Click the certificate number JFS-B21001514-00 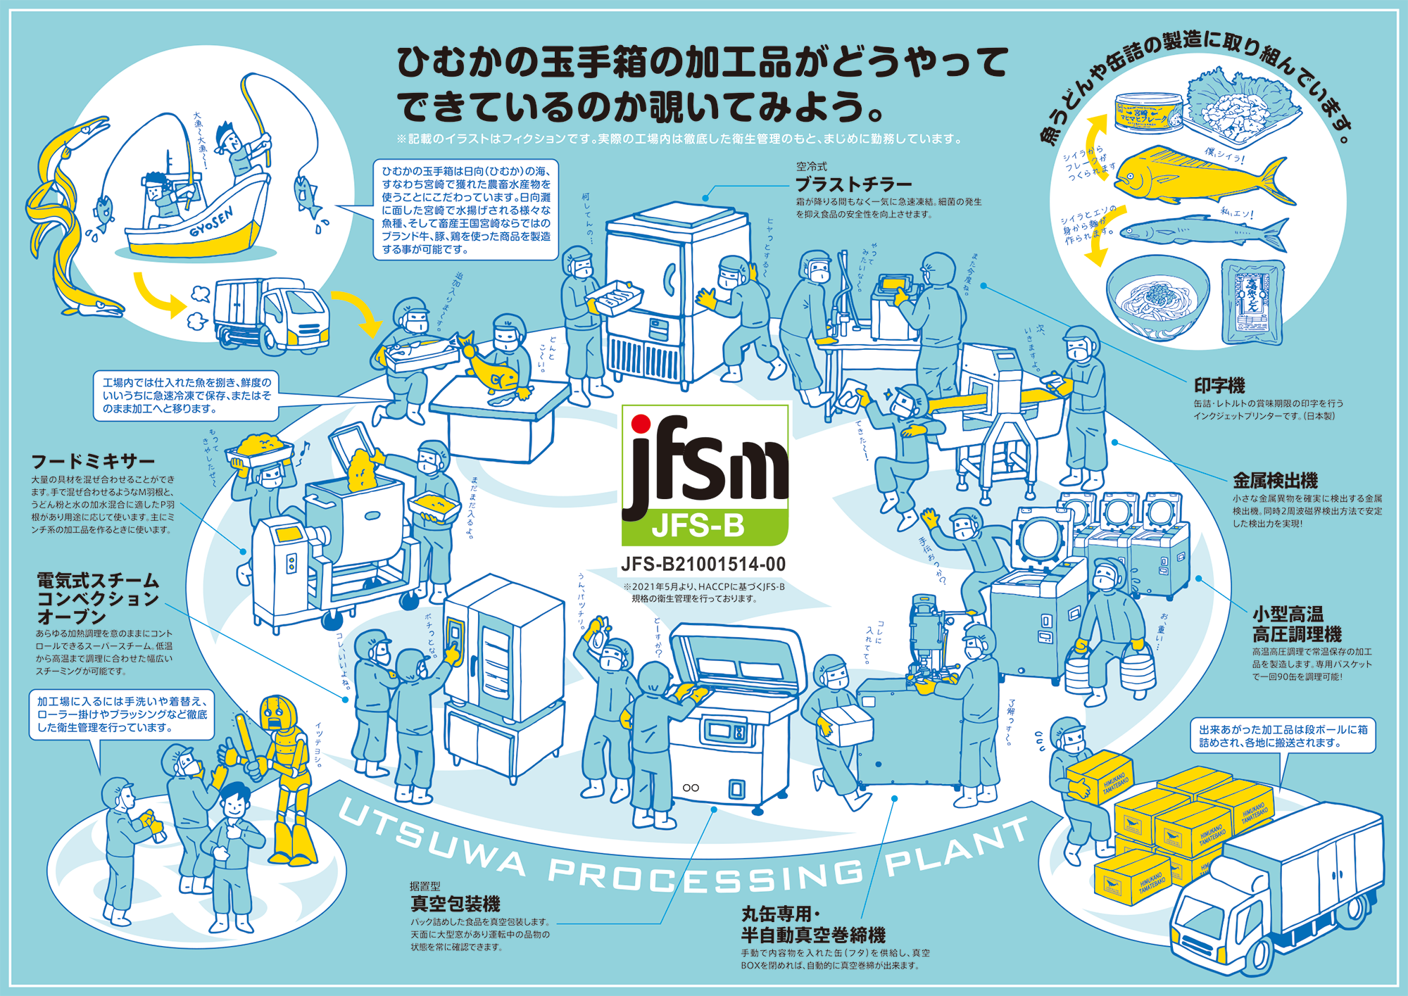pos(703,565)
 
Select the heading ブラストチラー pos(853,184)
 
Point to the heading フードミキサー pos(93,462)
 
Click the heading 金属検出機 pos(1275,481)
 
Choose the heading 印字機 pos(1219,386)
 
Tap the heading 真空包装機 pos(455,904)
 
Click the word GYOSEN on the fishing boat pos(211,224)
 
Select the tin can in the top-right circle pos(1148,113)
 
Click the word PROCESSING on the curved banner pos(704,876)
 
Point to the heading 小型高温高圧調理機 pos(1296,624)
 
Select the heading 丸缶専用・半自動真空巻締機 pos(812,925)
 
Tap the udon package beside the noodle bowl pos(1252,300)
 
